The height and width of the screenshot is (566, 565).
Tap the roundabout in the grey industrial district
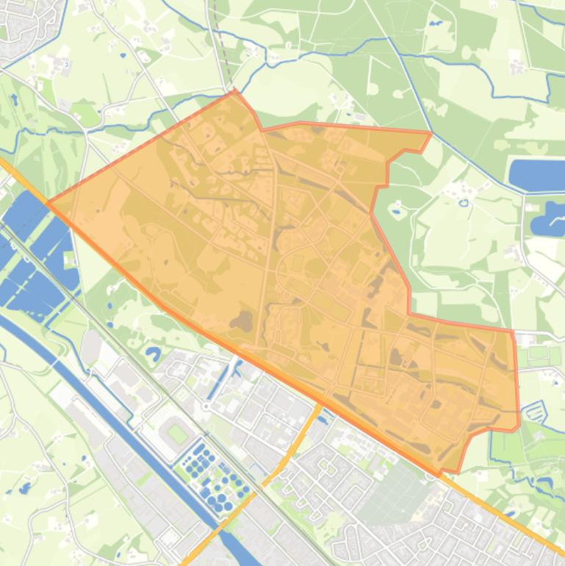pyautogui.click(x=206, y=406)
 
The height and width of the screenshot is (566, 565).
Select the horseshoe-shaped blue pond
pyautogui.click(x=153, y=354)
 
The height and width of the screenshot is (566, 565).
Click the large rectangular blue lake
pyautogui.click(x=536, y=173)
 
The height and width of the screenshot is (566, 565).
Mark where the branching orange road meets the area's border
pyautogui.click(x=322, y=404)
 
